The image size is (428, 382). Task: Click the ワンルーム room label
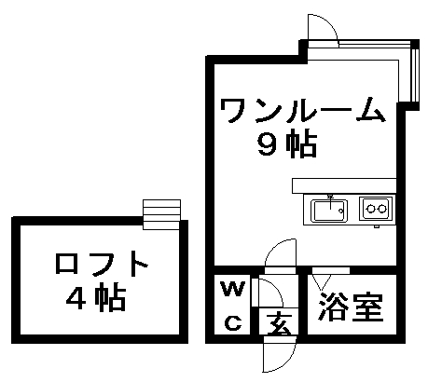[302, 110]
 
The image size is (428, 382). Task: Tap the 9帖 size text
[287, 145]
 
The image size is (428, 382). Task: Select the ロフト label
[102, 264]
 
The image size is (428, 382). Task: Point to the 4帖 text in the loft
[96, 298]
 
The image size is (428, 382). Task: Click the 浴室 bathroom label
[351, 307]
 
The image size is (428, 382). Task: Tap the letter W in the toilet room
[233, 289]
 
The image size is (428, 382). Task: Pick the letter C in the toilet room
[233, 323]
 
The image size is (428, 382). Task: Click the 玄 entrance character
[279, 323]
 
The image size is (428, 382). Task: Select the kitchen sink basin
[329, 211]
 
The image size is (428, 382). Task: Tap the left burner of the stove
[370, 209]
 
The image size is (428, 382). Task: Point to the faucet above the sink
[330, 198]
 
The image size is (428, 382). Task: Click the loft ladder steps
[161, 214]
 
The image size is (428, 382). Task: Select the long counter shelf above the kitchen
[344, 185]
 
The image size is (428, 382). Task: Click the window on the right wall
[414, 75]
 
